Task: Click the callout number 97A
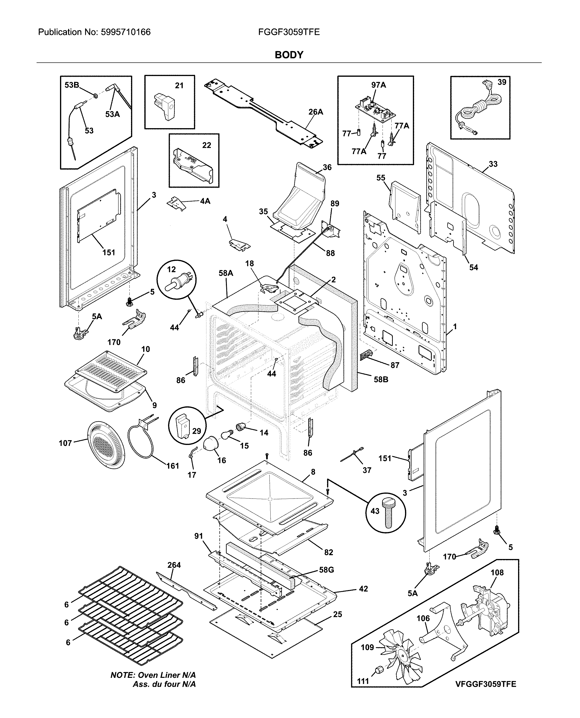[x=378, y=85]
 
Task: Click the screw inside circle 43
[x=388, y=517]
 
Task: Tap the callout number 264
[x=174, y=565]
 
